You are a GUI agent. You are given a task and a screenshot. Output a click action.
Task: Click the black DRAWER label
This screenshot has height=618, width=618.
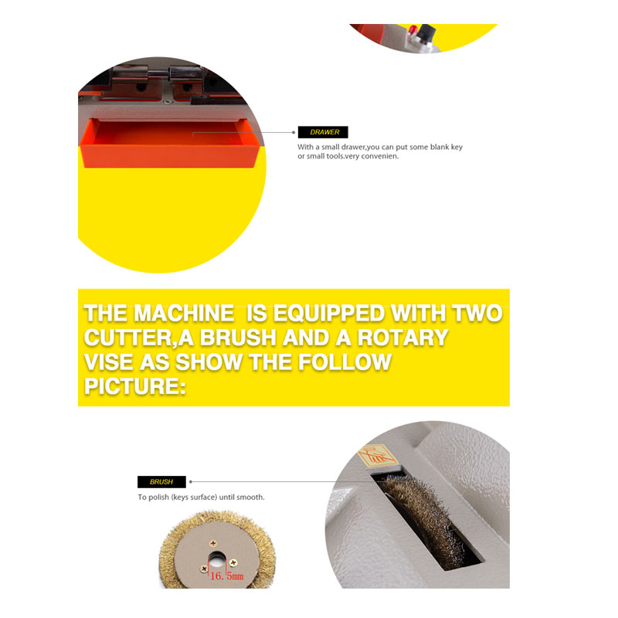pos(323,132)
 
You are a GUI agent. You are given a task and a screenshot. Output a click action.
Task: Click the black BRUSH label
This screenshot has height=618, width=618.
pos(161,481)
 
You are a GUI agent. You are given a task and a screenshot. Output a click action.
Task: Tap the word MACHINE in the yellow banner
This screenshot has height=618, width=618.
pos(184,314)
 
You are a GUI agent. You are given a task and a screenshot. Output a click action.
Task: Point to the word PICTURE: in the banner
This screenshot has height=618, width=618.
pos(134,386)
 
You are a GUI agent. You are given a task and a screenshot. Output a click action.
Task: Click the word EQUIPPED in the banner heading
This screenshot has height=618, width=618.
pos(329,314)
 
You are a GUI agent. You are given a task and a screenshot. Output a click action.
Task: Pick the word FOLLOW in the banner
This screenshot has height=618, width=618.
pos(345,362)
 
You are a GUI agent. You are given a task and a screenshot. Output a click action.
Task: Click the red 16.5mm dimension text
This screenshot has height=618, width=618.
pos(226,576)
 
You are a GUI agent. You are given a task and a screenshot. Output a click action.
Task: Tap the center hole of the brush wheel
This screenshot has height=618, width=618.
pos(216,559)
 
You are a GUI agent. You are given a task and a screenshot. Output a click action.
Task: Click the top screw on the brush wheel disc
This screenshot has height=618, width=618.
pos(213,544)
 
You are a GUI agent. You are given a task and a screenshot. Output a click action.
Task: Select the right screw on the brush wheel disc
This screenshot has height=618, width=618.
pos(233,562)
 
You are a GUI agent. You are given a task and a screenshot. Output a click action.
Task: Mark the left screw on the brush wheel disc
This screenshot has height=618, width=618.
pos(204,569)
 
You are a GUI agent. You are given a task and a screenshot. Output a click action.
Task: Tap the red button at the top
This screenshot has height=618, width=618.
pos(413,29)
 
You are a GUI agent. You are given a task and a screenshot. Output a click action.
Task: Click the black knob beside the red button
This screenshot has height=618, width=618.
pos(427,32)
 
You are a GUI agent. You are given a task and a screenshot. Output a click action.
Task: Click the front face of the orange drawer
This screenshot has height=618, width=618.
pos(169,157)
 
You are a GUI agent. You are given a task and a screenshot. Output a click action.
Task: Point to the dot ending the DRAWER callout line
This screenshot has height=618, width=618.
pos(294,132)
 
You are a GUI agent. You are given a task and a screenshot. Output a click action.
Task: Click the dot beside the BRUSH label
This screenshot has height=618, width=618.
pos(191,481)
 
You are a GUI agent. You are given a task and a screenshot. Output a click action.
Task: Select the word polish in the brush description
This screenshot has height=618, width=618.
pos(158,497)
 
